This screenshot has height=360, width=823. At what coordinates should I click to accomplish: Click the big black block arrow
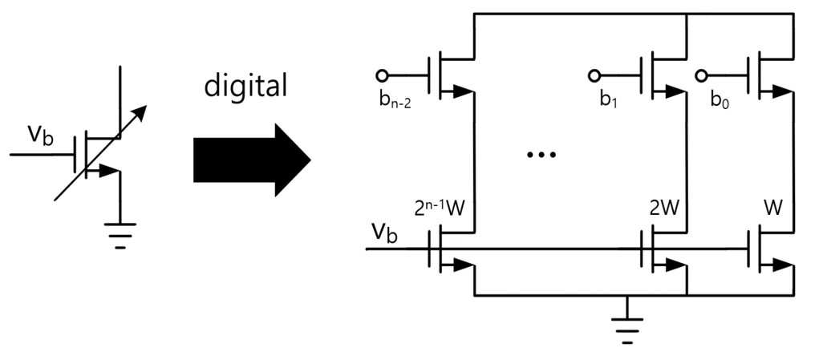[252, 160]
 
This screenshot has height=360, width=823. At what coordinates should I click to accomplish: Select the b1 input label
[609, 100]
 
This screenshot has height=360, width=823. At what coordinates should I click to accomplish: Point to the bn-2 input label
[395, 101]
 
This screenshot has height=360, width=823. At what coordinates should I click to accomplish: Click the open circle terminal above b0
[701, 76]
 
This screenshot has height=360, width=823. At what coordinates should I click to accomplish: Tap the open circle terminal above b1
[594, 76]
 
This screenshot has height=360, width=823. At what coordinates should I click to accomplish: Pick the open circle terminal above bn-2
[382, 76]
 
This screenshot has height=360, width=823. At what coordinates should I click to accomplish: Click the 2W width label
[664, 208]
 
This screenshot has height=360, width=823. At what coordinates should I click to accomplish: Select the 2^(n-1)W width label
[445, 208]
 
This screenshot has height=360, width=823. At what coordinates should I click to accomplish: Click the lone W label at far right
[772, 208]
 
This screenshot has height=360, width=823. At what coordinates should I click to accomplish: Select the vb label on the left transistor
[40, 136]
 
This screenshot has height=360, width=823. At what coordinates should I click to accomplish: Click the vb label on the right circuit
[384, 233]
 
